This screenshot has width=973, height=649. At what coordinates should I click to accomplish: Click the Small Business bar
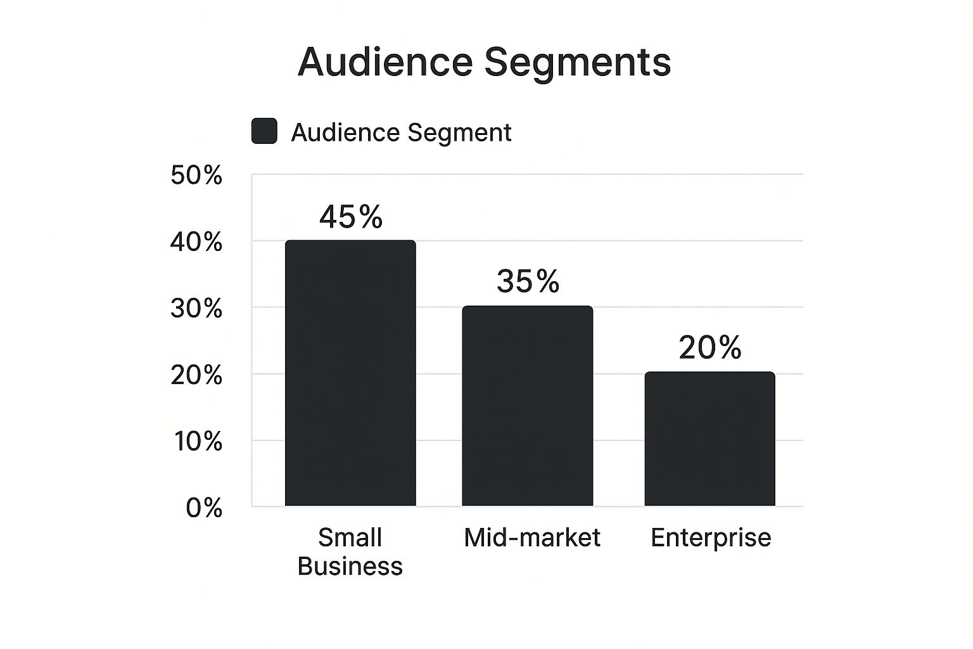point(350,373)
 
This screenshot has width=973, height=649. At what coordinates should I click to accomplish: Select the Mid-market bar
point(527,406)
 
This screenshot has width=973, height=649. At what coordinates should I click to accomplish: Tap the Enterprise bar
point(709,439)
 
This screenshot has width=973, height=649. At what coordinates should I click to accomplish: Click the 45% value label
point(351,217)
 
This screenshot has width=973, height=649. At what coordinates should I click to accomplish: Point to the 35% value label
point(528,281)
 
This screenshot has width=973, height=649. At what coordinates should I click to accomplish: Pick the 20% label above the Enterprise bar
point(709,347)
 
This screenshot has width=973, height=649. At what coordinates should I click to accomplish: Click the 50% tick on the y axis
point(196,176)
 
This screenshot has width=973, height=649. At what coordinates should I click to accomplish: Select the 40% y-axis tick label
point(196,242)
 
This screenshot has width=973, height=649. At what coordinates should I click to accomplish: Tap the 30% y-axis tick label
point(196,309)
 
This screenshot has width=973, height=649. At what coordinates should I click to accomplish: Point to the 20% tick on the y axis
point(196,375)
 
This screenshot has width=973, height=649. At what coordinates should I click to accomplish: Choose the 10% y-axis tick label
point(198,442)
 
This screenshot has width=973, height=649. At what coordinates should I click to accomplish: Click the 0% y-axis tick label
point(204,508)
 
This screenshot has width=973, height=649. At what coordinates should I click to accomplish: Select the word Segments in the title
point(577,63)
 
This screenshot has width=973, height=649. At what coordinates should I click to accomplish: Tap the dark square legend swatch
point(264,131)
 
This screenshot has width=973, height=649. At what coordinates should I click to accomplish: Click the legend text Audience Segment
point(401,132)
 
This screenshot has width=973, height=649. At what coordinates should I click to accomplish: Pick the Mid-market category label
point(531,537)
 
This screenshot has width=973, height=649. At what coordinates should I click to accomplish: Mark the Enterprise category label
point(711,537)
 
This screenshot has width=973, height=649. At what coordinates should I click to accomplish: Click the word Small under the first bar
point(350,537)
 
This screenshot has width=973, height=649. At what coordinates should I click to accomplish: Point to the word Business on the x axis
point(350,566)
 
